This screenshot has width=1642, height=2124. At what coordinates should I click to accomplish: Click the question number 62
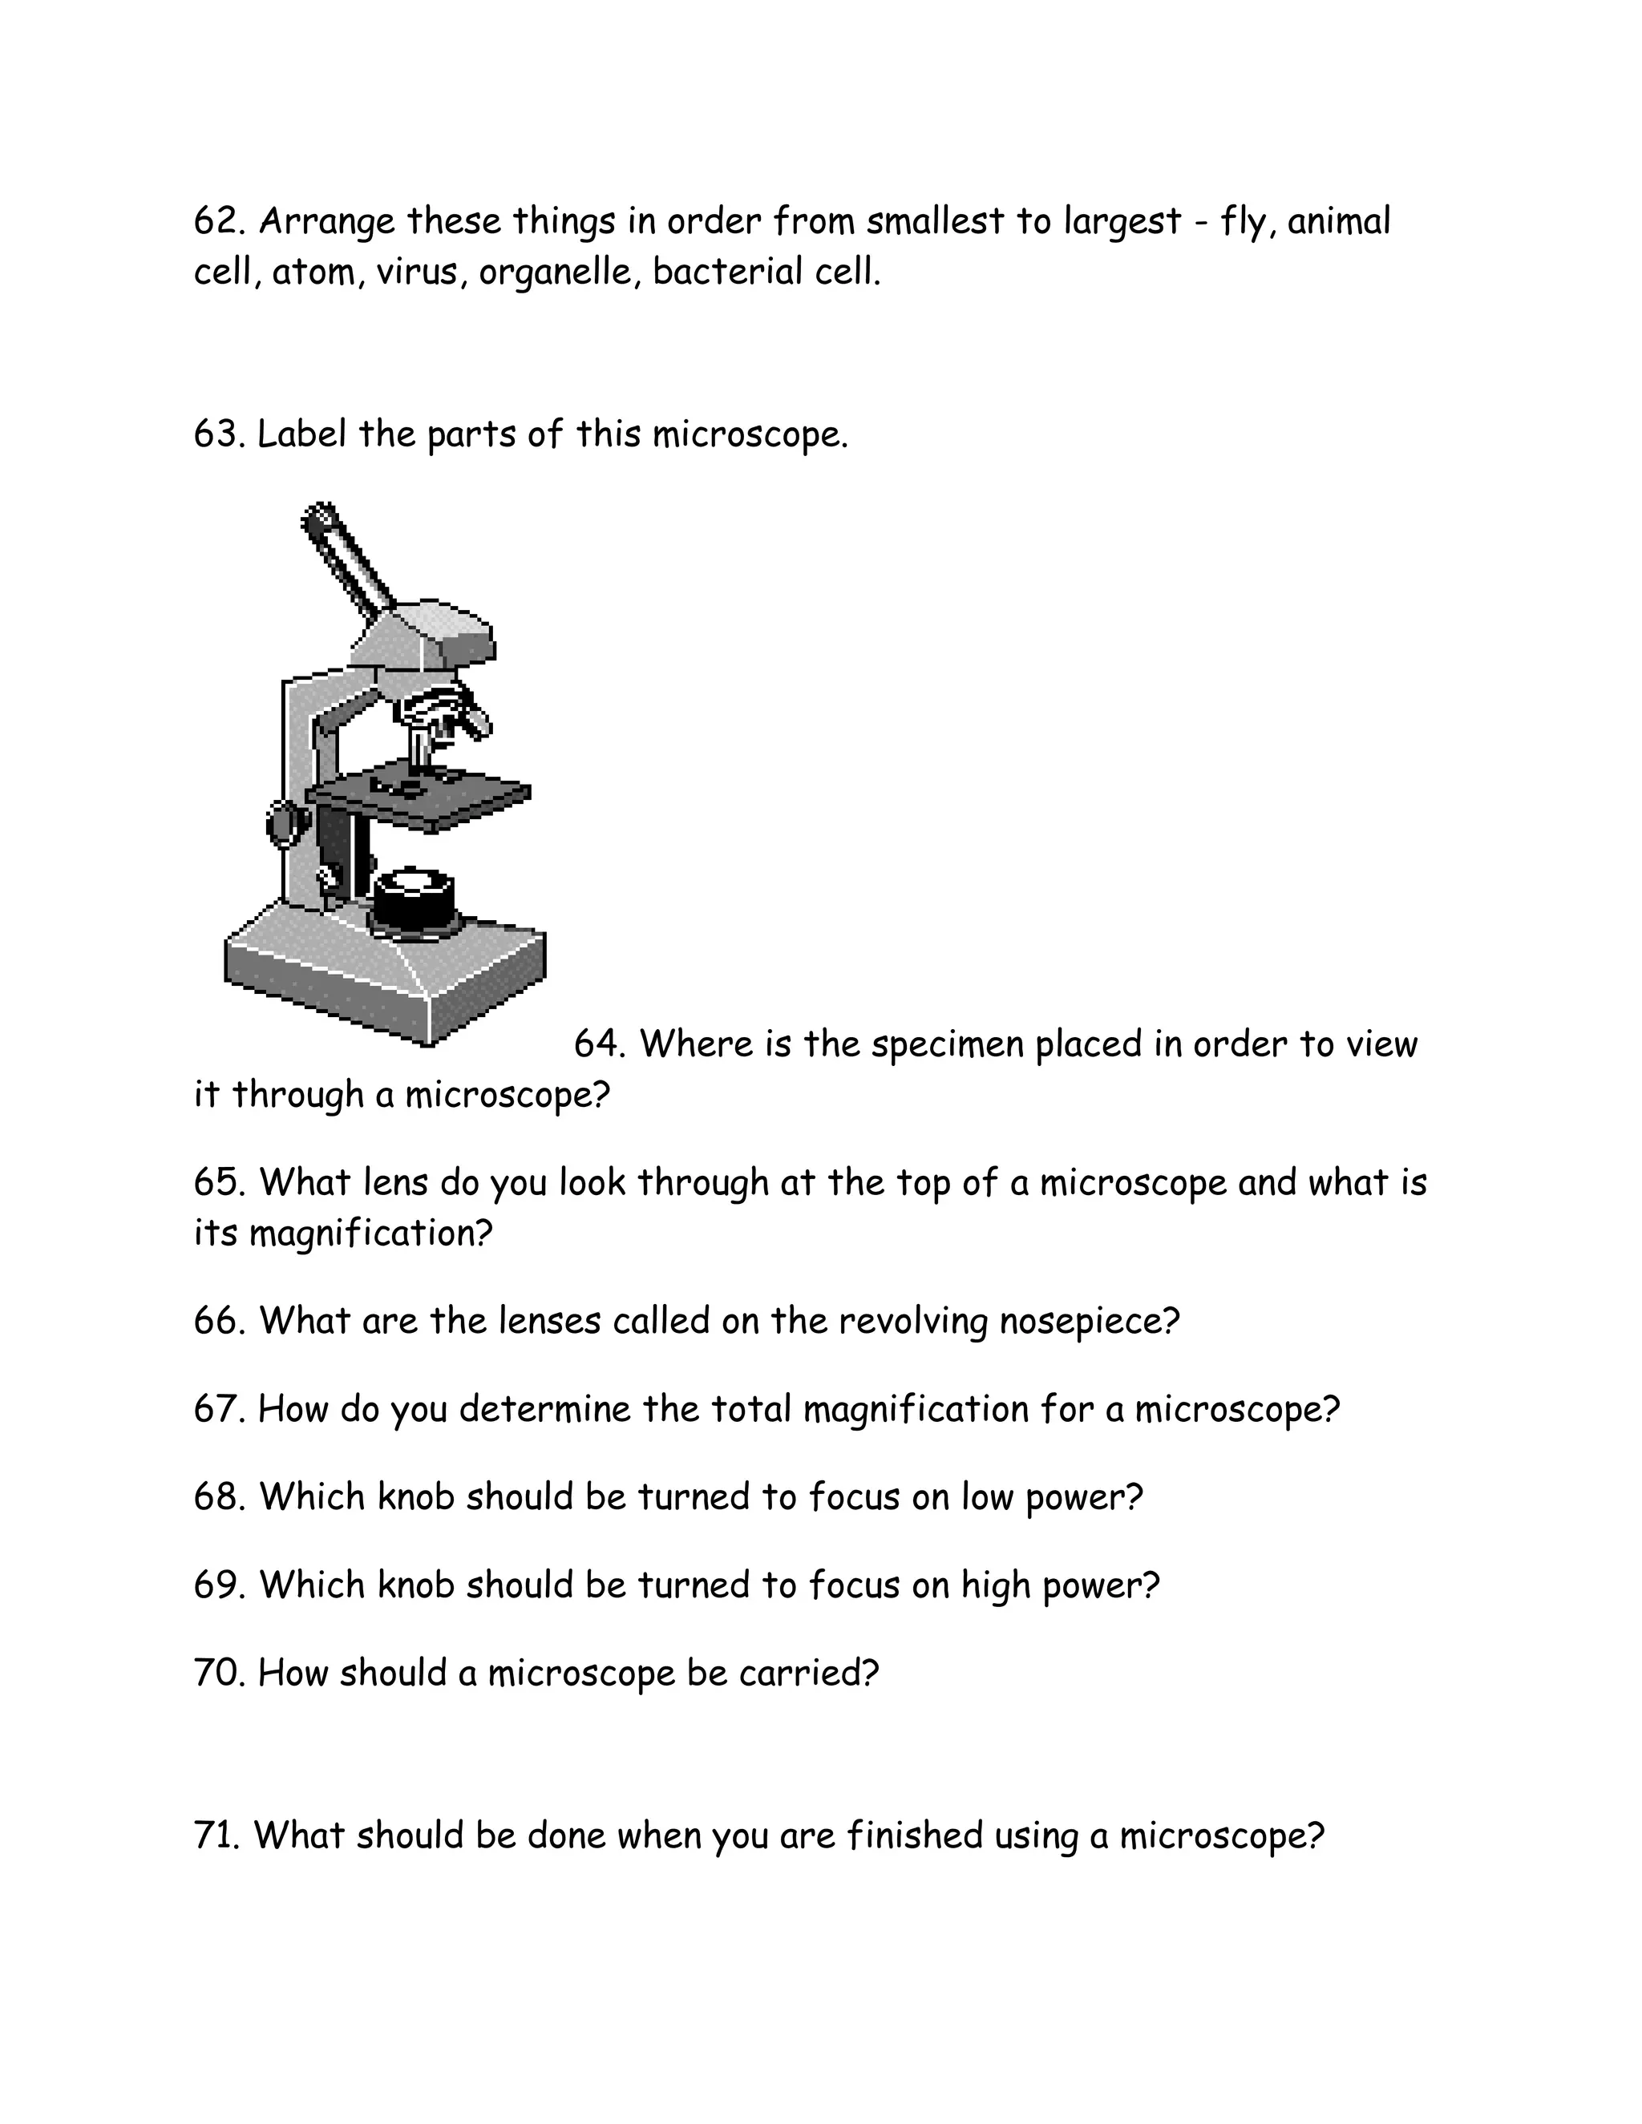(218, 222)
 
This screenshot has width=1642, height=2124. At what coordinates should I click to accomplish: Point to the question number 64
(598, 1044)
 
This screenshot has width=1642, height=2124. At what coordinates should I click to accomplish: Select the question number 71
(216, 1835)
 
